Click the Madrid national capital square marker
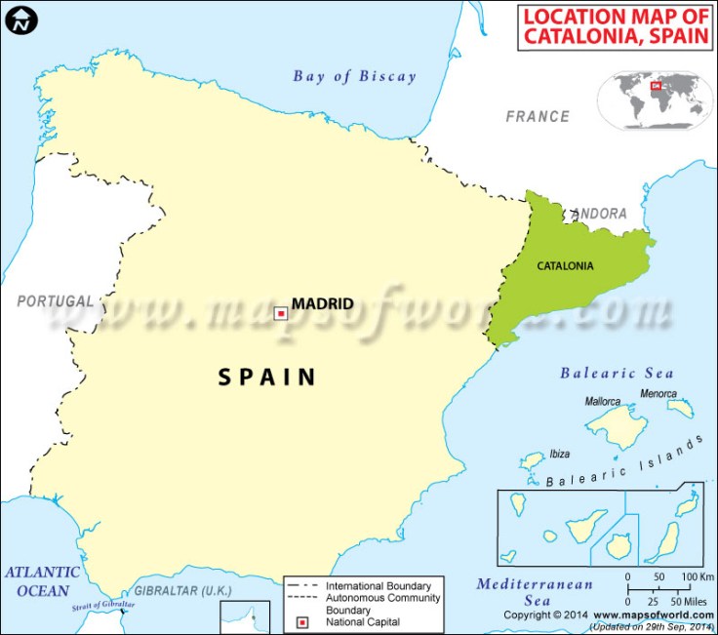pos(281,313)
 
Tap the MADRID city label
pos(322,303)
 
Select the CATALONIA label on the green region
pos(565,264)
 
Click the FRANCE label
pos(537,116)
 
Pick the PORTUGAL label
pos(56,300)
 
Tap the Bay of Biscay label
pos(354,76)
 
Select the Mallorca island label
pos(602,401)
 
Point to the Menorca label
pos(658,394)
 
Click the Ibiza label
pos(560,454)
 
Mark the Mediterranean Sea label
pos(535,592)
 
